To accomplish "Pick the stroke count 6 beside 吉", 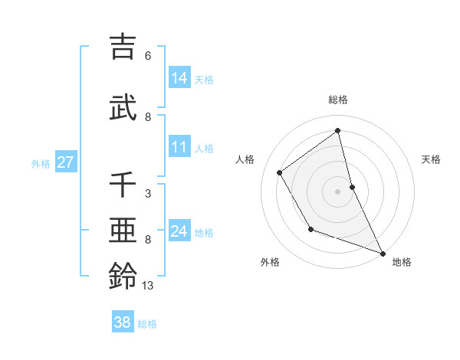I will pyautogui.click(x=148, y=56).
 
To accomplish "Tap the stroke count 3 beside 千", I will pyautogui.click(x=148, y=194).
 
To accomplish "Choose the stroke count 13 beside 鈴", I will pyautogui.click(x=148, y=286).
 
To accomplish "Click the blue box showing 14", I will pyautogui.click(x=179, y=78).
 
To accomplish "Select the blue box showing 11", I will pyautogui.click(x=179, y=147).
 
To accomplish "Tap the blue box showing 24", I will pyautogui.click(x=179, y=231).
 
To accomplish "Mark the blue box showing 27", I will pyautogui.click(x=65, y=162).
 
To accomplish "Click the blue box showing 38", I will pyautogui.click(x=123, y=322).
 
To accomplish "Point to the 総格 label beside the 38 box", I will pyautogui.click(x=147, y=324).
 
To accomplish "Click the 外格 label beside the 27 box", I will pyautogui.click(x=41, y=163).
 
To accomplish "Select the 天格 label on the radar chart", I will pyautogui.click(x=431, y=159).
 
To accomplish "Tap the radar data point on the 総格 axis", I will pyautogui.click(x=338, y=130).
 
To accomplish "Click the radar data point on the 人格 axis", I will pyautogui.click(x=280, y=172).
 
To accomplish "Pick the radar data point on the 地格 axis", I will pyautogui.click(x=383, y=254).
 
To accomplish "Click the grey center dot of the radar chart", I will pyautogui.click(x=338, y=191).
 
